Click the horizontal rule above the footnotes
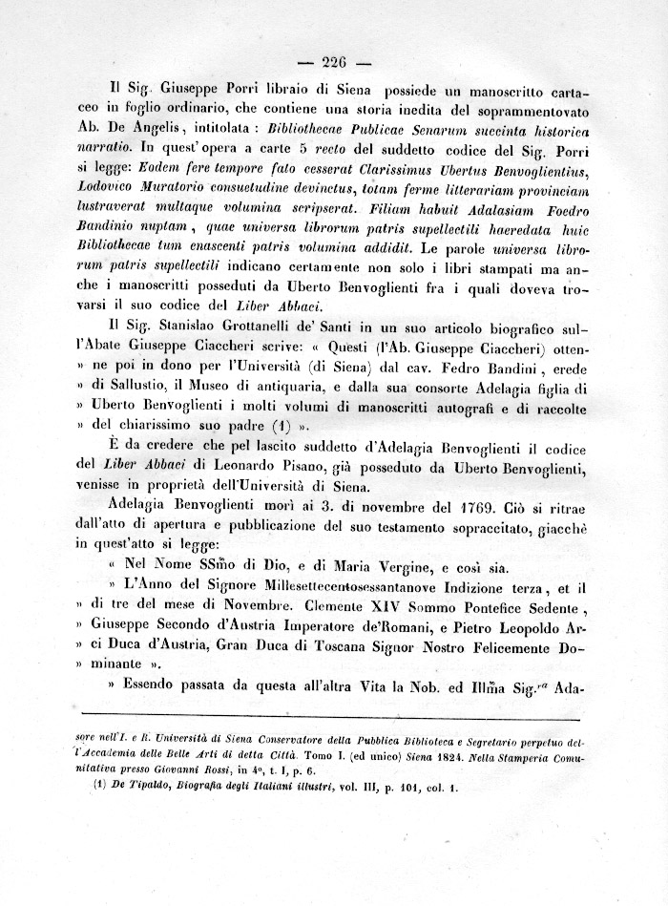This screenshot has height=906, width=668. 334,713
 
